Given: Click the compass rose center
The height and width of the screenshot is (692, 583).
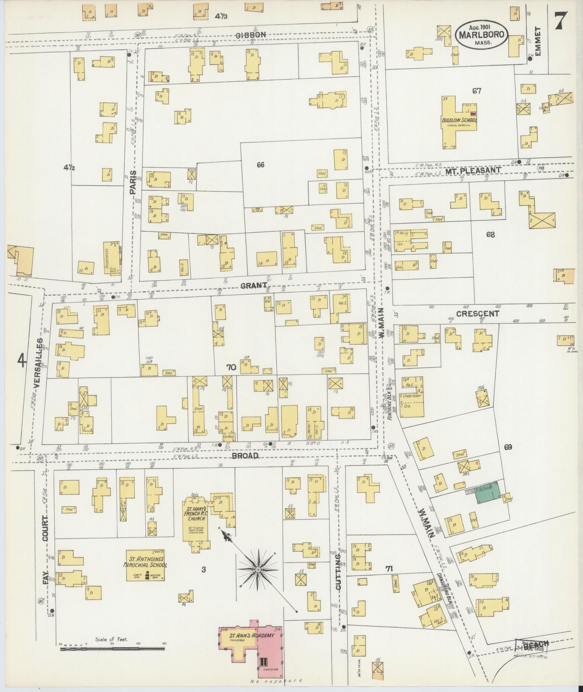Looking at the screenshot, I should click(258, 570).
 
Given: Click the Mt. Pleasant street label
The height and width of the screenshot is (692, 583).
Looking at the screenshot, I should click(472, 170).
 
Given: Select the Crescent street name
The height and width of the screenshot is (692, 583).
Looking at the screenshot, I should click(477, 314).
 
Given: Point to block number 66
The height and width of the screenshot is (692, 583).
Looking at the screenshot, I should click(261, 165).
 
